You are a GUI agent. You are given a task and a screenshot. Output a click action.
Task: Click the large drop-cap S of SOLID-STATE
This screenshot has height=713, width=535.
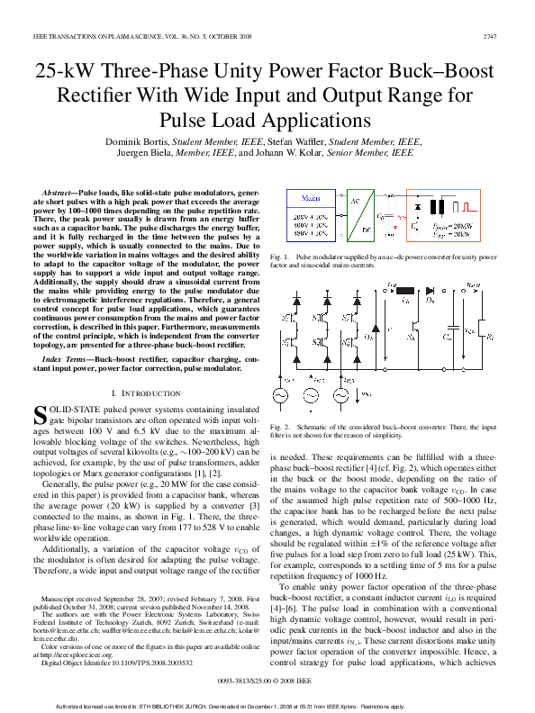pos(40,415)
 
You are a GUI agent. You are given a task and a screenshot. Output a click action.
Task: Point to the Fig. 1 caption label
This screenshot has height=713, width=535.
pos(279,257)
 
